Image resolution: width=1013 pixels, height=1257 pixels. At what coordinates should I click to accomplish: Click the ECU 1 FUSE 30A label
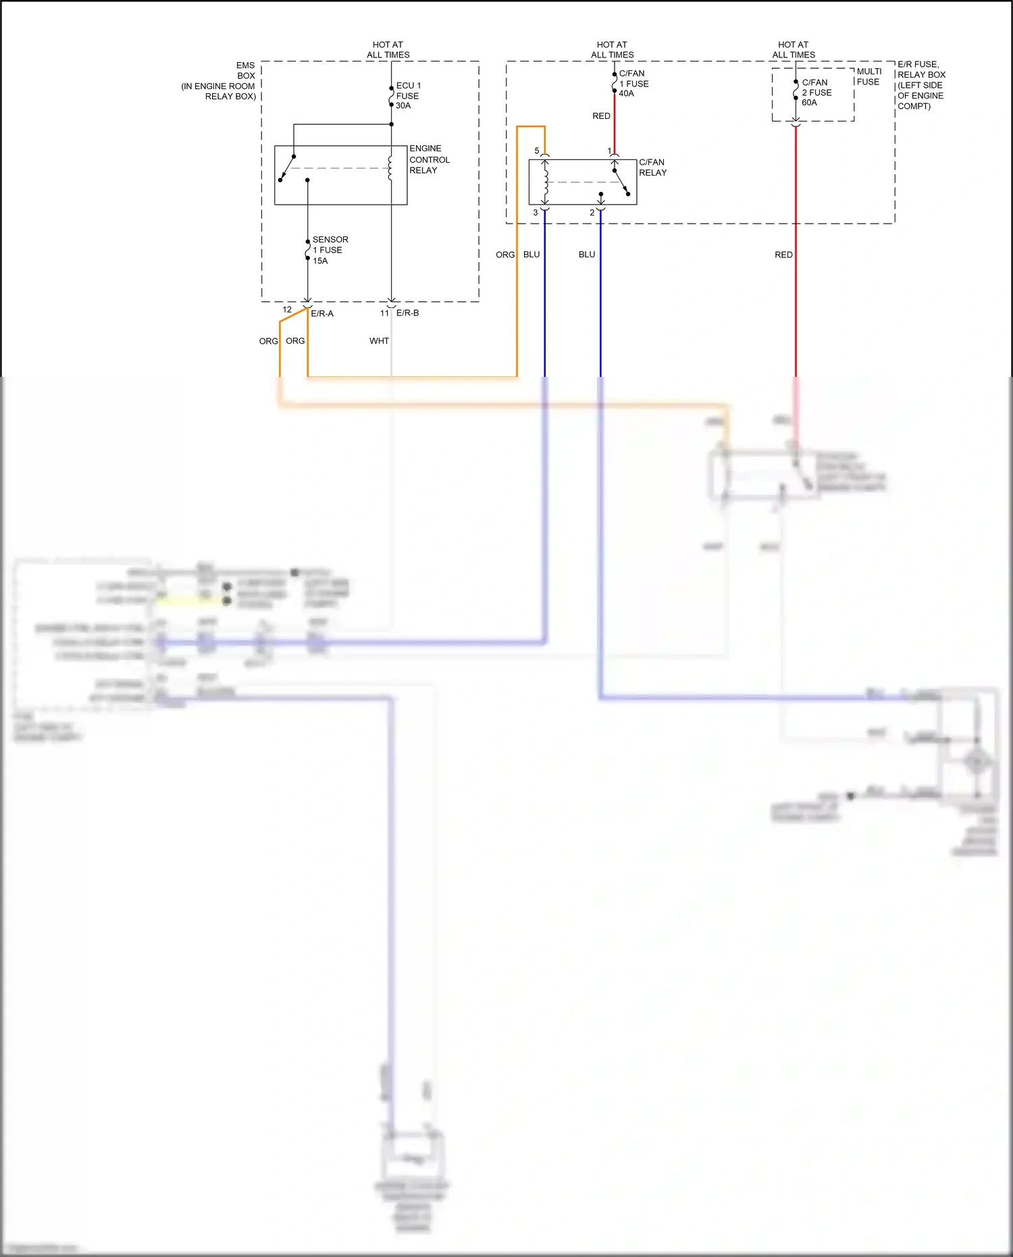(x=408, y=96)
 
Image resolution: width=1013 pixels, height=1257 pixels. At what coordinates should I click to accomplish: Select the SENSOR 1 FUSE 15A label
(x=330, y=250)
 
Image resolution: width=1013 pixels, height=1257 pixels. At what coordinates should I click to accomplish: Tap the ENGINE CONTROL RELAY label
(x=429, y=159)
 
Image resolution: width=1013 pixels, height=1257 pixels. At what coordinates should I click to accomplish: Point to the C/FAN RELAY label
(x=652, y=168)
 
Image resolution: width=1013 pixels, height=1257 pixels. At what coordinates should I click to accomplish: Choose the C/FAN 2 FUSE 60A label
(x=816, y=93)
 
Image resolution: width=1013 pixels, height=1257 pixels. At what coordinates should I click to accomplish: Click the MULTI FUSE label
(x=868, y=76)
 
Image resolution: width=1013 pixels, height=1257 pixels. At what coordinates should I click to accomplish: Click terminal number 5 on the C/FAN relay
(x=537, y=151)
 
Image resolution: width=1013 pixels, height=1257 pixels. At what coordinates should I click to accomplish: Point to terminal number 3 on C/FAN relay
(x=536, y=213)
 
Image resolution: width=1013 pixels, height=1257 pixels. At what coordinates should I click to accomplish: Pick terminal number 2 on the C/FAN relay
(x=592, y=213)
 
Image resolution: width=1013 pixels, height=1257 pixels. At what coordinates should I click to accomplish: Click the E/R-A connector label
(x=322, y=313)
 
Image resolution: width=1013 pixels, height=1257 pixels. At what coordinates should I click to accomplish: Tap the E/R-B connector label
(x=407, y=313)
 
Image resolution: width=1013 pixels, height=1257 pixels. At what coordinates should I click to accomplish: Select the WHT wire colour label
(x=379, y=341)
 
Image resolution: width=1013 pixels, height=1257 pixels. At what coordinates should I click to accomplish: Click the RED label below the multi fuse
(x=783, y=255)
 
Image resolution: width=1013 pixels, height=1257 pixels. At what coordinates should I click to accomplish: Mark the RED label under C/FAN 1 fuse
(x=601, y=116)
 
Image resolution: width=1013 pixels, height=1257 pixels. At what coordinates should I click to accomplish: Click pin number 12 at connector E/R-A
(x=287, y=310)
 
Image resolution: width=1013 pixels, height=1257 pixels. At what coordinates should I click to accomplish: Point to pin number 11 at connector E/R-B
(x=384, y=313)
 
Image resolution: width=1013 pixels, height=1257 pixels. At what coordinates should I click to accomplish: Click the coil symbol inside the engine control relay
(x=390, y=168)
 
